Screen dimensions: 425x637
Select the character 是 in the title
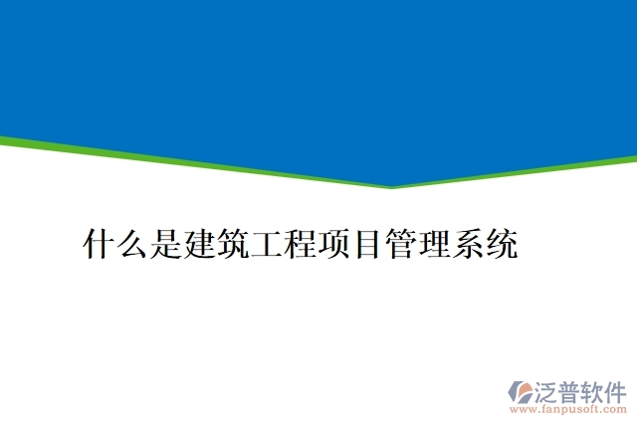click(x=166, y=244)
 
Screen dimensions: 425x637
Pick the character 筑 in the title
click(x=233, y=244)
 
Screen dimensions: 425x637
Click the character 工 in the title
click(x=267, y=244)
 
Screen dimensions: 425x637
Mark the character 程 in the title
click(x=300, y=244)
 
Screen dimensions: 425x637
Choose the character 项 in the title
click(x=333, y=244)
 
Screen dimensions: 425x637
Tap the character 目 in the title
click(x=366, y=244)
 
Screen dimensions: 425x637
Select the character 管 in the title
click(x=400, y=244)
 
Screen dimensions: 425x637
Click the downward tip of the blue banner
click(x=391, y=185)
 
